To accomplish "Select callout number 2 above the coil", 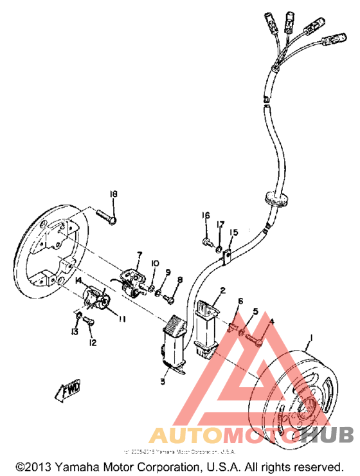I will [x=222, y=291].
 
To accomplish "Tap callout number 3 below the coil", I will [x=163, y=381].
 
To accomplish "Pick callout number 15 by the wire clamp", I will [x=234, y=232].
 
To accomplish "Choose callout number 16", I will [x=206, y=215].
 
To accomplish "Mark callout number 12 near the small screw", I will [x=93, y=343].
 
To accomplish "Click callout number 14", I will [x=78, y=281].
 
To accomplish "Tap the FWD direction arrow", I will [x=69, y=390].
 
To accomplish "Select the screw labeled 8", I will [x=168, y=298].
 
